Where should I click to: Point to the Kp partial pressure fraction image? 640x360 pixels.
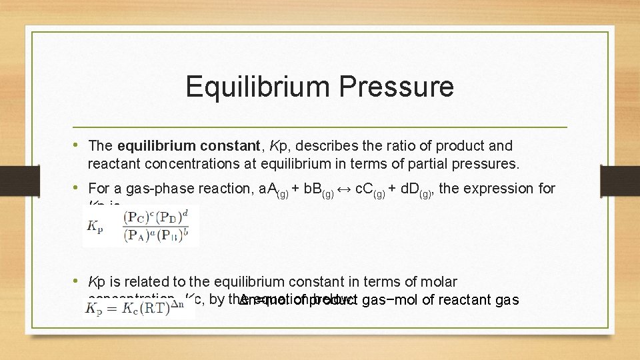141,225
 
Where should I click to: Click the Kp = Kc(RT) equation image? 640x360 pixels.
139,308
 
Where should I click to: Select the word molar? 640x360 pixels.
438,282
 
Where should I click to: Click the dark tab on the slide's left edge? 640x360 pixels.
10,180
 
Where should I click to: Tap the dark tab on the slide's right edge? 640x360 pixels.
629,180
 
